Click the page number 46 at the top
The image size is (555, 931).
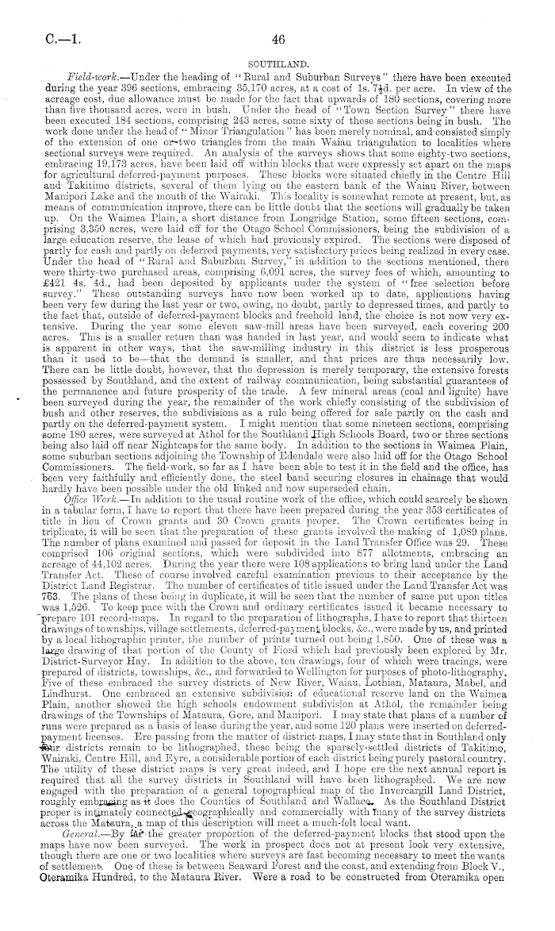[277, 39]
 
